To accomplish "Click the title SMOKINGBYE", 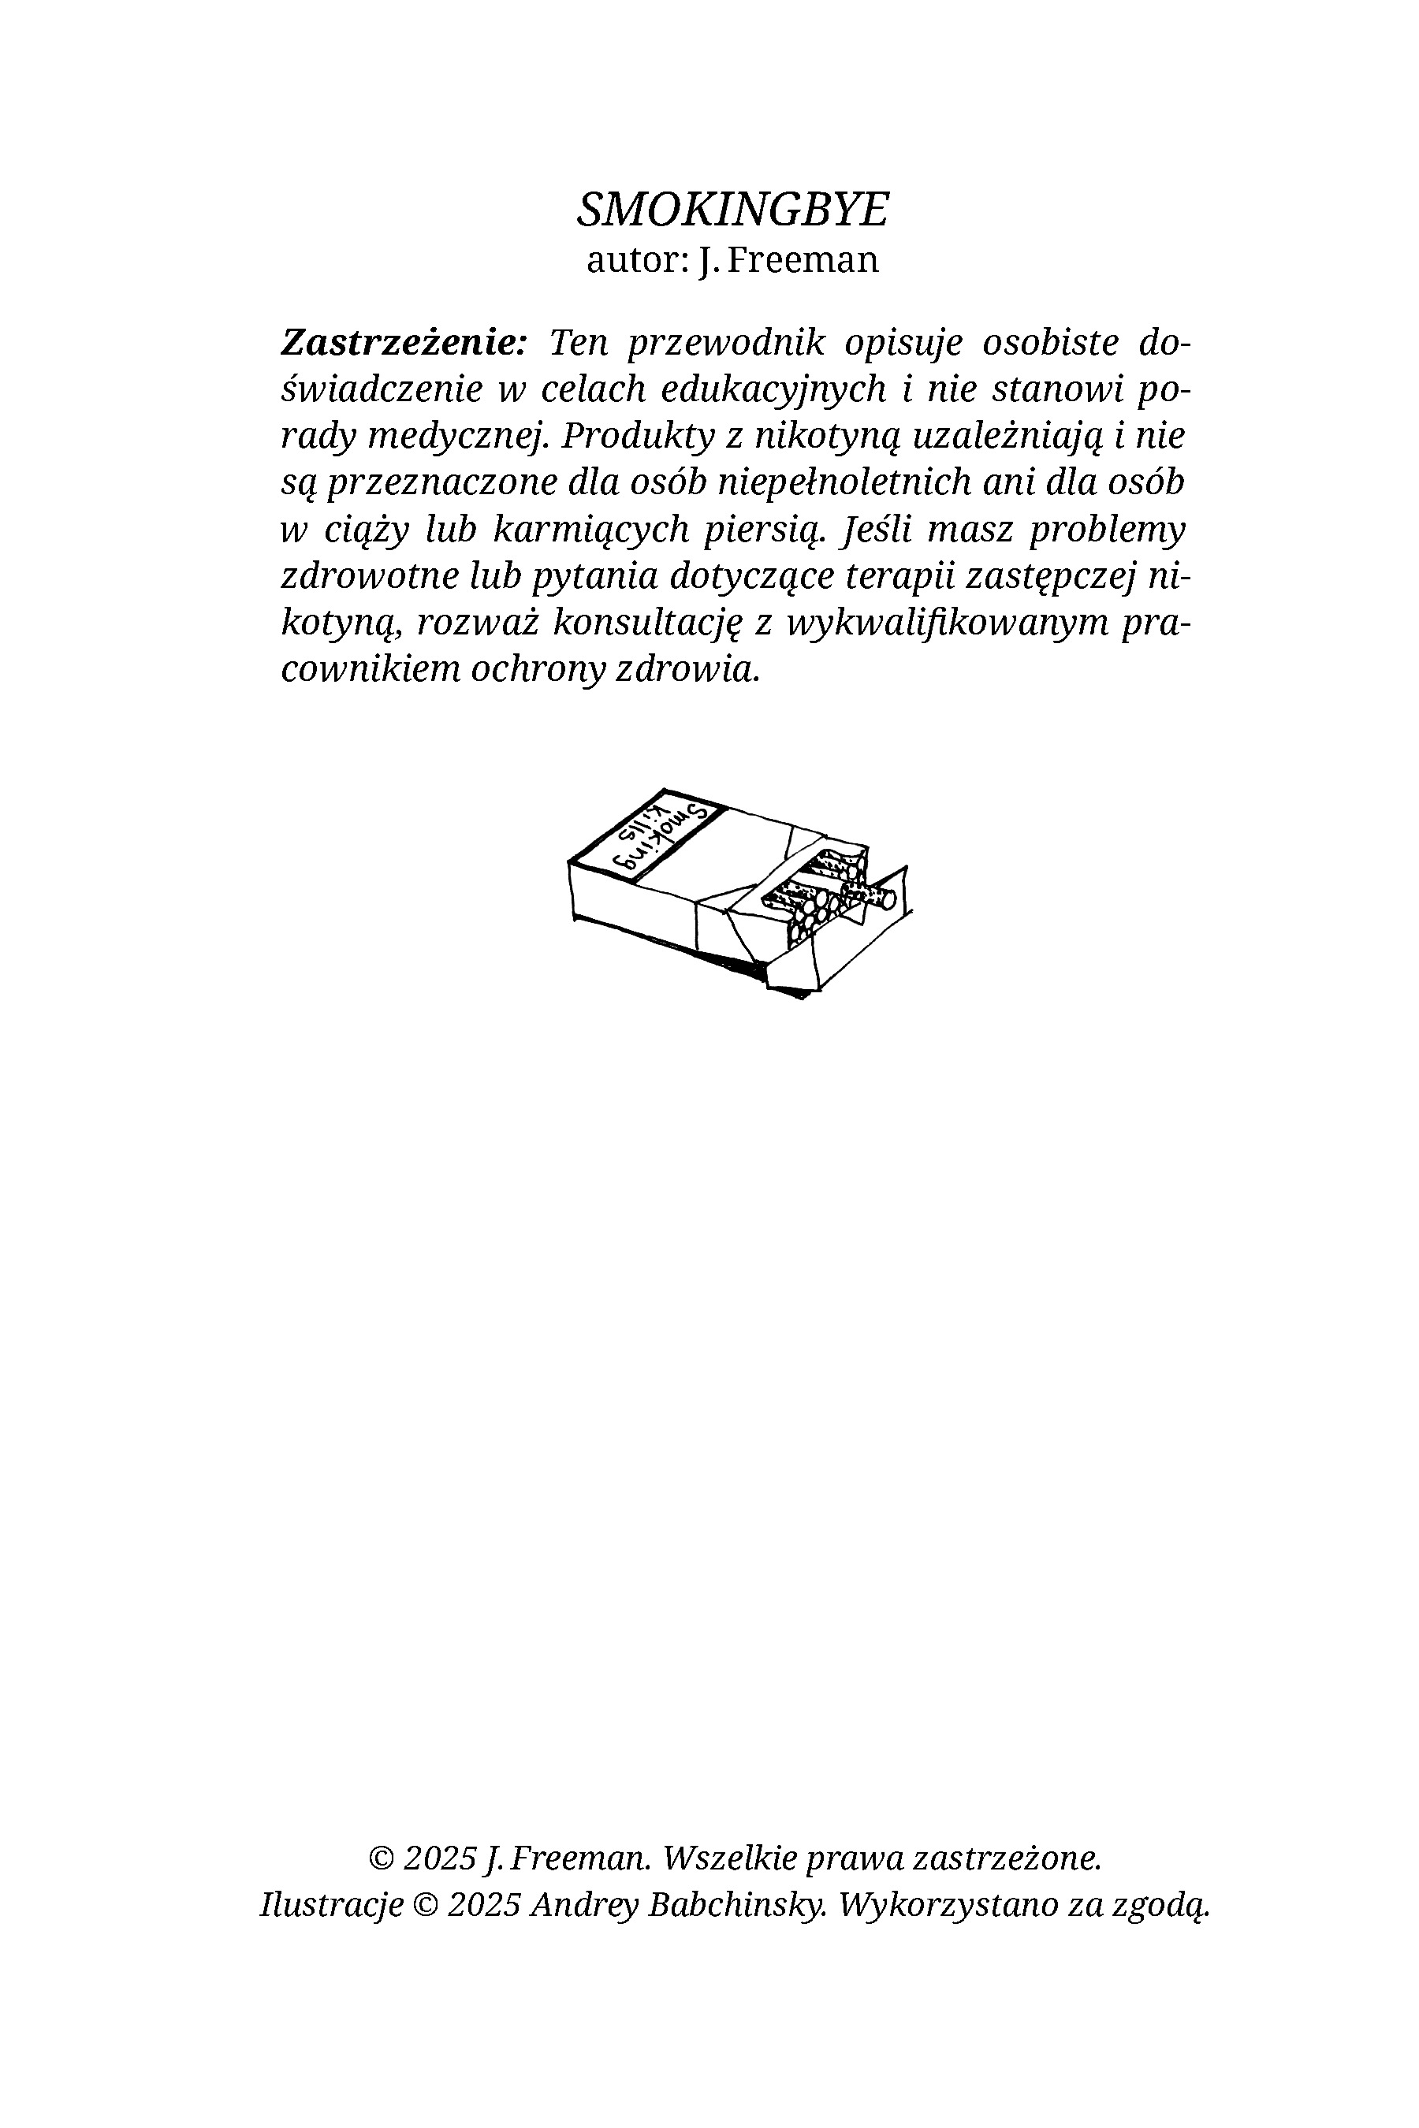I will coord(733,210).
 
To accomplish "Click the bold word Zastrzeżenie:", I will coord(403,343).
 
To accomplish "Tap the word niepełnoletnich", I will coord(844,482).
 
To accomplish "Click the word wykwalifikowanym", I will coord(947,623).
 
